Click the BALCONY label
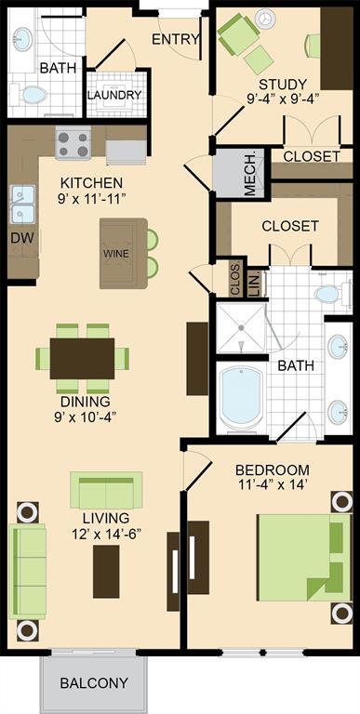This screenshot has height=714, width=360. click(x=94, y=683)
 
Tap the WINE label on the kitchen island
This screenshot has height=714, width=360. click(x=116, y=254)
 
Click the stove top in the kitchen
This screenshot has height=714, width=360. click(x=73, y=143)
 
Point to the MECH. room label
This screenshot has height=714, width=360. click(x=250, y=174)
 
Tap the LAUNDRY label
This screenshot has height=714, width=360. click(x=114, y=95)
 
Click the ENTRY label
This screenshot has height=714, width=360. click(x=176, y=40)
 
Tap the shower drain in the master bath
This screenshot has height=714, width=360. click(x=241, y=327)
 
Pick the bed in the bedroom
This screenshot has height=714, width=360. click(x=304, y=558)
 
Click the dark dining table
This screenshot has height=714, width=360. click(x=82, y=358)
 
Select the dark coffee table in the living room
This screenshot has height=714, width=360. click(x=106, y=572)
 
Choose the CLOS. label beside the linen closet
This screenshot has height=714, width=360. click(x=236, y=279)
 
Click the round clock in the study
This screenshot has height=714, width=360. click(x=265, y=19)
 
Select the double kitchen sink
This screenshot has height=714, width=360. click(x=22, y=204)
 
